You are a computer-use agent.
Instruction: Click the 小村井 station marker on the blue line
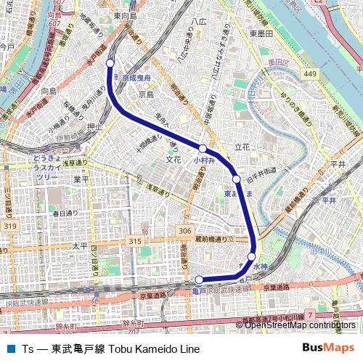point(203,148)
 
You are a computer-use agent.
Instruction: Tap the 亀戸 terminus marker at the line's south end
point(200,280)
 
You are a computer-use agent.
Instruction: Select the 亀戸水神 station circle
point(251,256)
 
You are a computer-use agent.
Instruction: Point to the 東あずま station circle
point(236,179)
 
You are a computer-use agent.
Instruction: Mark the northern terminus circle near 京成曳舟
point(110,63)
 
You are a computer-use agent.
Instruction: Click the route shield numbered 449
point(311,74)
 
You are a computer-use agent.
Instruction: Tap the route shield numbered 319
point(9,227)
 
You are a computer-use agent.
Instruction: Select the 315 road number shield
point(135,241)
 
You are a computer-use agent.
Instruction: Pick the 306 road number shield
point(185,231)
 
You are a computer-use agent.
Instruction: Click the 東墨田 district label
point(261,33)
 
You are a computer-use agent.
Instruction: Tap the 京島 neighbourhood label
point(146,94)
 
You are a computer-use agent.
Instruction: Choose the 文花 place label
point(173,159)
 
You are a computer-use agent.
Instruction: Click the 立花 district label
point(242,147)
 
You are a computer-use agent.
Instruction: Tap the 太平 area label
point(79,246)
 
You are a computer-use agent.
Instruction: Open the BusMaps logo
point(328,348)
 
